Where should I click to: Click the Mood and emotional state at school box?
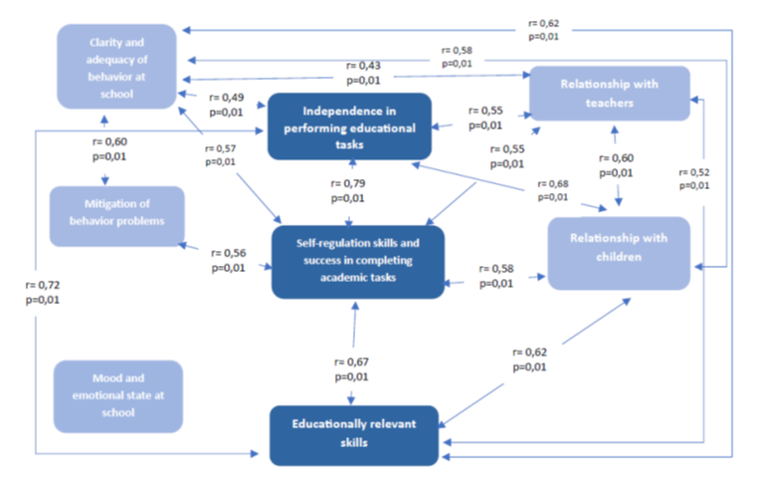[118, 396]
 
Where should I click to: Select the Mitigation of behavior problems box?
[116, 216]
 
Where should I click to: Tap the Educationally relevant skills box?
[354, 435]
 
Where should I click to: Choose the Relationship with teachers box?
[610, 94]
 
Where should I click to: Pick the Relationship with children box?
[619, 253]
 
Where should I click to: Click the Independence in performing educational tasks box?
[349, 126]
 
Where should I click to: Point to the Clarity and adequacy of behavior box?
[116, 67]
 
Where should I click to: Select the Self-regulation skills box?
[358, 262]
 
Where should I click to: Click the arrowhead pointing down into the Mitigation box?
[105, 180]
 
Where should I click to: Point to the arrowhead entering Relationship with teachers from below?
[615, 129]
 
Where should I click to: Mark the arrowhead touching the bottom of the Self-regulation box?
[355, 306]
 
